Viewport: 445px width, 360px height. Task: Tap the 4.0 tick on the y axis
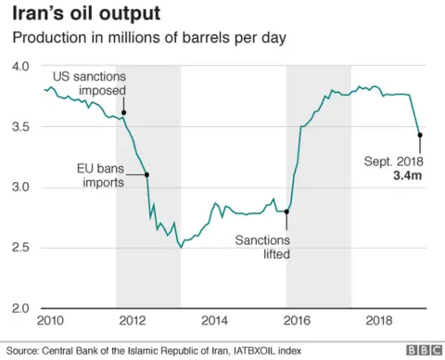tap(21, 67)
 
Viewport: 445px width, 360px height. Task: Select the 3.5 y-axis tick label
tap(21, 127)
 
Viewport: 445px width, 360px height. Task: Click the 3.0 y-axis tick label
tap(21, 187)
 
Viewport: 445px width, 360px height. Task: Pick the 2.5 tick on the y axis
tap(21, 248)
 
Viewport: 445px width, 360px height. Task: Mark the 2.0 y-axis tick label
tap(21, 308)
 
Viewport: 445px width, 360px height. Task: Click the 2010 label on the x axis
tap(50, 320)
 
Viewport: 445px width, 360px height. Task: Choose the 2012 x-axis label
tap(132, 320)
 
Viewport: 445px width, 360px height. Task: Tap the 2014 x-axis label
tap(214, 320)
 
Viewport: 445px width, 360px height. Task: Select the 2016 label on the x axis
tap(296, 320)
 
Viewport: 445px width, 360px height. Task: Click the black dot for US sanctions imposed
tap(123, 112)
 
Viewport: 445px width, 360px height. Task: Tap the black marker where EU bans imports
tap(146, 174)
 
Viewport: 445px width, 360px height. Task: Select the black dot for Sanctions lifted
tap(286, 212)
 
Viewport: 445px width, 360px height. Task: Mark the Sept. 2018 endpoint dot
tap(420, 135)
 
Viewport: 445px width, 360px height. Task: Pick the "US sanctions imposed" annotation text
tap(89, 84)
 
